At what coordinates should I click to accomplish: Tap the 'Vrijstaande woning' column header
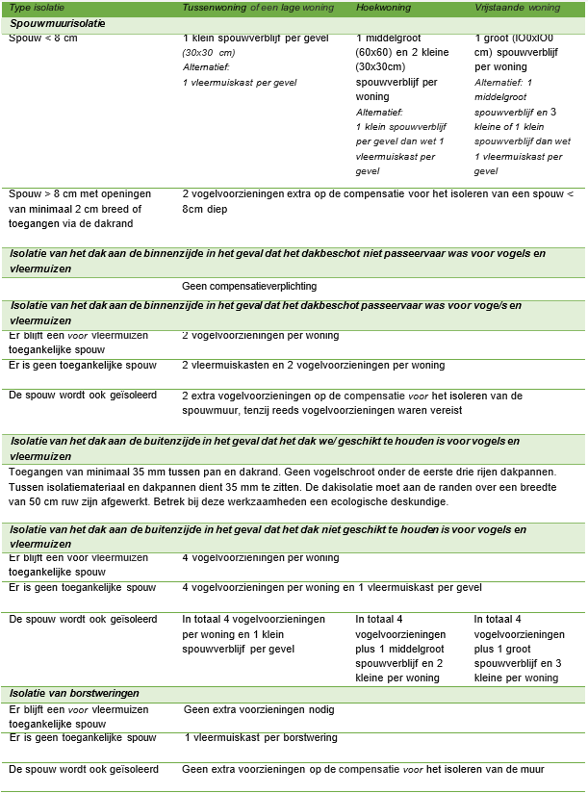click(x=518, y=8)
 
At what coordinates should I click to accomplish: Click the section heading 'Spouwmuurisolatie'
click(x=58, y=22)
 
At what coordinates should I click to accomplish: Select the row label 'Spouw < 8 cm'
click(x=43, y=38)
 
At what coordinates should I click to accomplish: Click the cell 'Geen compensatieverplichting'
click(x=249, y=286)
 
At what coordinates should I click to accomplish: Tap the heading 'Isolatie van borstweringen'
click(x=74, y=693)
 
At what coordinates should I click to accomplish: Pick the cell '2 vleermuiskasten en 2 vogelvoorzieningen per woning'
click(x=313, y=366)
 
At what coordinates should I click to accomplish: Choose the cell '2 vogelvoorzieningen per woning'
click(x=261, y=336)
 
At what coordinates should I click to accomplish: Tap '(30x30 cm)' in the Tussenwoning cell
click(x=210, y=52)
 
